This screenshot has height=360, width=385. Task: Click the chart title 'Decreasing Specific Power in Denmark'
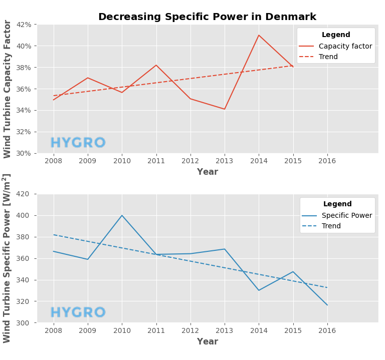point(207,17)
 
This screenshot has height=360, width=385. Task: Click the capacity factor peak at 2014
point(259,35)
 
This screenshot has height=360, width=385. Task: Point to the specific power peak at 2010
point(122,215)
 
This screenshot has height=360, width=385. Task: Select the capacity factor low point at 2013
point(225,109)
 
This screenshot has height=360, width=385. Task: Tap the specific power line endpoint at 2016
point(327,305)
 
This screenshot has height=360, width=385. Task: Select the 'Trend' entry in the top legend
point(328,57)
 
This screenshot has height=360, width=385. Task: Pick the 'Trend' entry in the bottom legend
point(331,226)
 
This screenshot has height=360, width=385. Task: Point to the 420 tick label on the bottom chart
point(23,194)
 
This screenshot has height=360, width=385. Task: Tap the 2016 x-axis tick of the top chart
point(327,161)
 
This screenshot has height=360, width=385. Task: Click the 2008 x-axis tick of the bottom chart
point(54,331)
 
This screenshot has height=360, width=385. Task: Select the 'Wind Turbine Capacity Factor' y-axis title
point(8,89)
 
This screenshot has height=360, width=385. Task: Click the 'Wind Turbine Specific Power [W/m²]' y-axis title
point(7,258)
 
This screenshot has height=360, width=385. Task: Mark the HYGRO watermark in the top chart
point(78,143)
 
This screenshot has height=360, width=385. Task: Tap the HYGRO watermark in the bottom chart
point(78,313)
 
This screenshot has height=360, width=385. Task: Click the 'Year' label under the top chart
point(207,172)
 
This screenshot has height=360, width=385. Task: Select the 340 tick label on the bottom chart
point(23,280)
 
